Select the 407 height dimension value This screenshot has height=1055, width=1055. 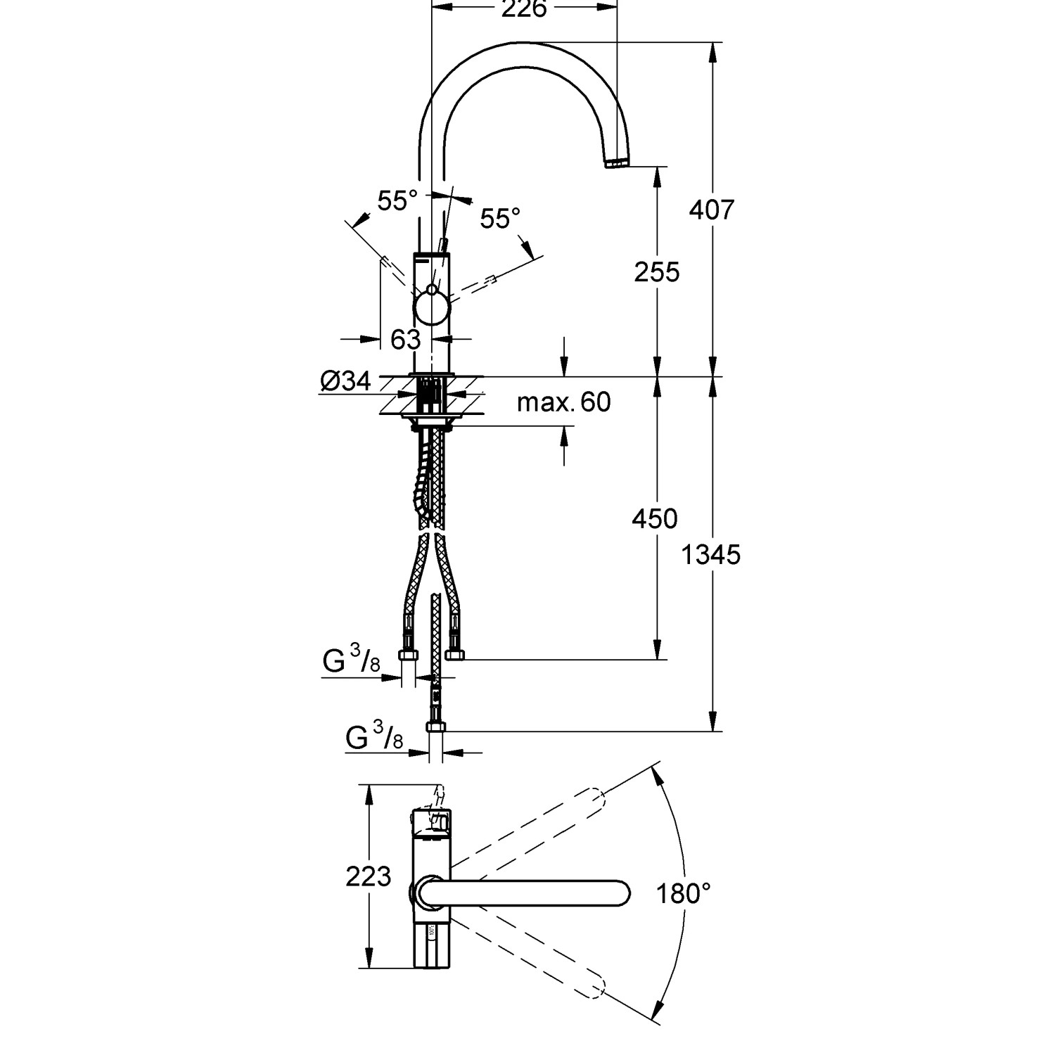tap(711, 210)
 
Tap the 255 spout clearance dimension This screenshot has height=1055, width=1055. tap(657, 272)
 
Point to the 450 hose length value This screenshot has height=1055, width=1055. tap(655, 519)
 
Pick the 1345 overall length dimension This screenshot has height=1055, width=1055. tap(711, 555)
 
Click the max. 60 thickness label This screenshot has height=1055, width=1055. tap(564, 402)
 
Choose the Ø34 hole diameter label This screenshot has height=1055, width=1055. tap(345, 381)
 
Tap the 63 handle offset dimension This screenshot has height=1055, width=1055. tap(406, 340)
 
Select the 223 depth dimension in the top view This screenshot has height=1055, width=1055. tap(369, 876)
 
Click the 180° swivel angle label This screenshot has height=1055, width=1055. tap(683, 894)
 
